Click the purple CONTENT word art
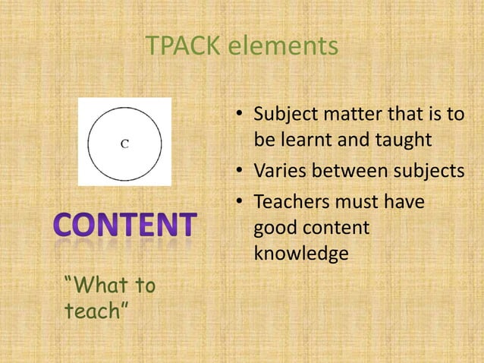pos(125,226)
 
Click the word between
pos(350,172)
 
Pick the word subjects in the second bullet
pos(429,172)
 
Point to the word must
pos(359,202)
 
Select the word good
pos(275,228)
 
